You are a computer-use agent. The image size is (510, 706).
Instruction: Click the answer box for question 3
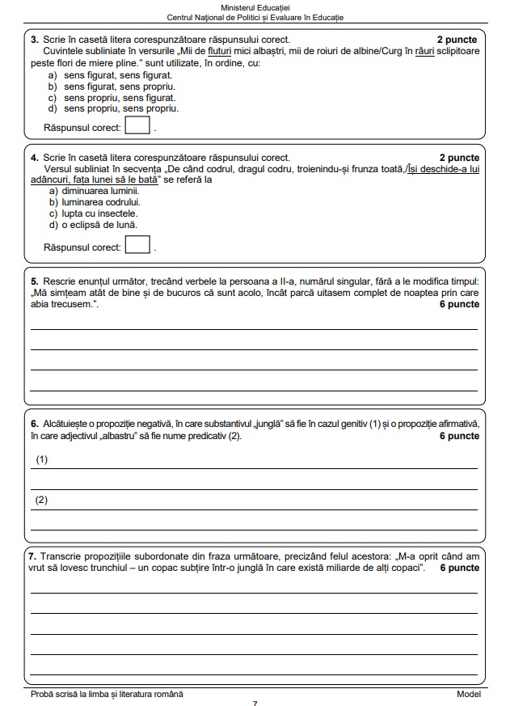pyautogui.click(x=138, y=126)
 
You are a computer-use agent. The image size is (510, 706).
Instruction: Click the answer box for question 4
pyautogui.click(x=138, y=244)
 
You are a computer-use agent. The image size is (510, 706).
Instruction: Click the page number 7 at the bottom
pyautogui.click(x=255, y=703)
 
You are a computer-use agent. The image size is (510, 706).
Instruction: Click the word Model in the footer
pyautogui.click(x=468, y=694)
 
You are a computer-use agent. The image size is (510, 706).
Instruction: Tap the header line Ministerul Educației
pyautogui.click(x=255, y=6)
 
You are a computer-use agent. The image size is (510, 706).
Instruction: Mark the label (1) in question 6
pyautogui.click(x=42, y=459)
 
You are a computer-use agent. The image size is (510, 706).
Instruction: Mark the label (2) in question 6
pyautogui.click(x=42, y=500)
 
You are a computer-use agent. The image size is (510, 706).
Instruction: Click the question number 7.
pyautogui.click(x=33, y=557)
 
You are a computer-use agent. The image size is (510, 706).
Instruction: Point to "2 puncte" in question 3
pyautogui.click(x=457, y=39)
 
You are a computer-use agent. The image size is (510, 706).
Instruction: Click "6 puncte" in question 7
pyautogui.click(x=460, y=568)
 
